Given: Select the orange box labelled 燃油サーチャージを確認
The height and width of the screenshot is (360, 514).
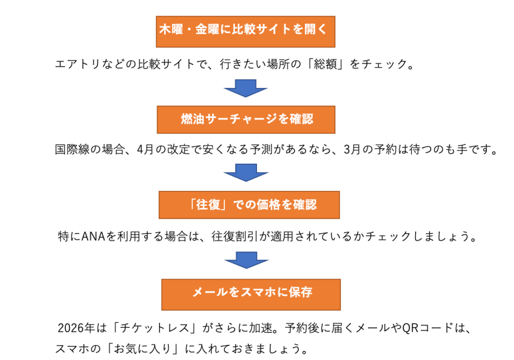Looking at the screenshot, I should (246, 119).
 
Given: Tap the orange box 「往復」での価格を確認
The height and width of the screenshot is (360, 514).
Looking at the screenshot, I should (249, 205).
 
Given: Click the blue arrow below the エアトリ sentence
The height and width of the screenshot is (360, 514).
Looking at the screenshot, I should (245, 88).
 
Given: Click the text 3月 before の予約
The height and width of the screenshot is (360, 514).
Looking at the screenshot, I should (355, 150).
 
